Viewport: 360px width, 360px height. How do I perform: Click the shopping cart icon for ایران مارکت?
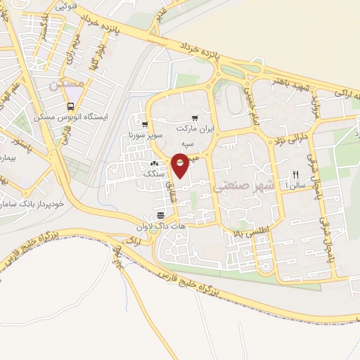click(x=194, y=118)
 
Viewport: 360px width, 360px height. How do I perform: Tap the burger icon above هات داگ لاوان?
click(x=160, y=214)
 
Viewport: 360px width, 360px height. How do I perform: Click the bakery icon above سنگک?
click(x=154, y=165)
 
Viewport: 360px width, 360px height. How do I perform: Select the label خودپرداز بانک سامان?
click(x=33, y=205)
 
